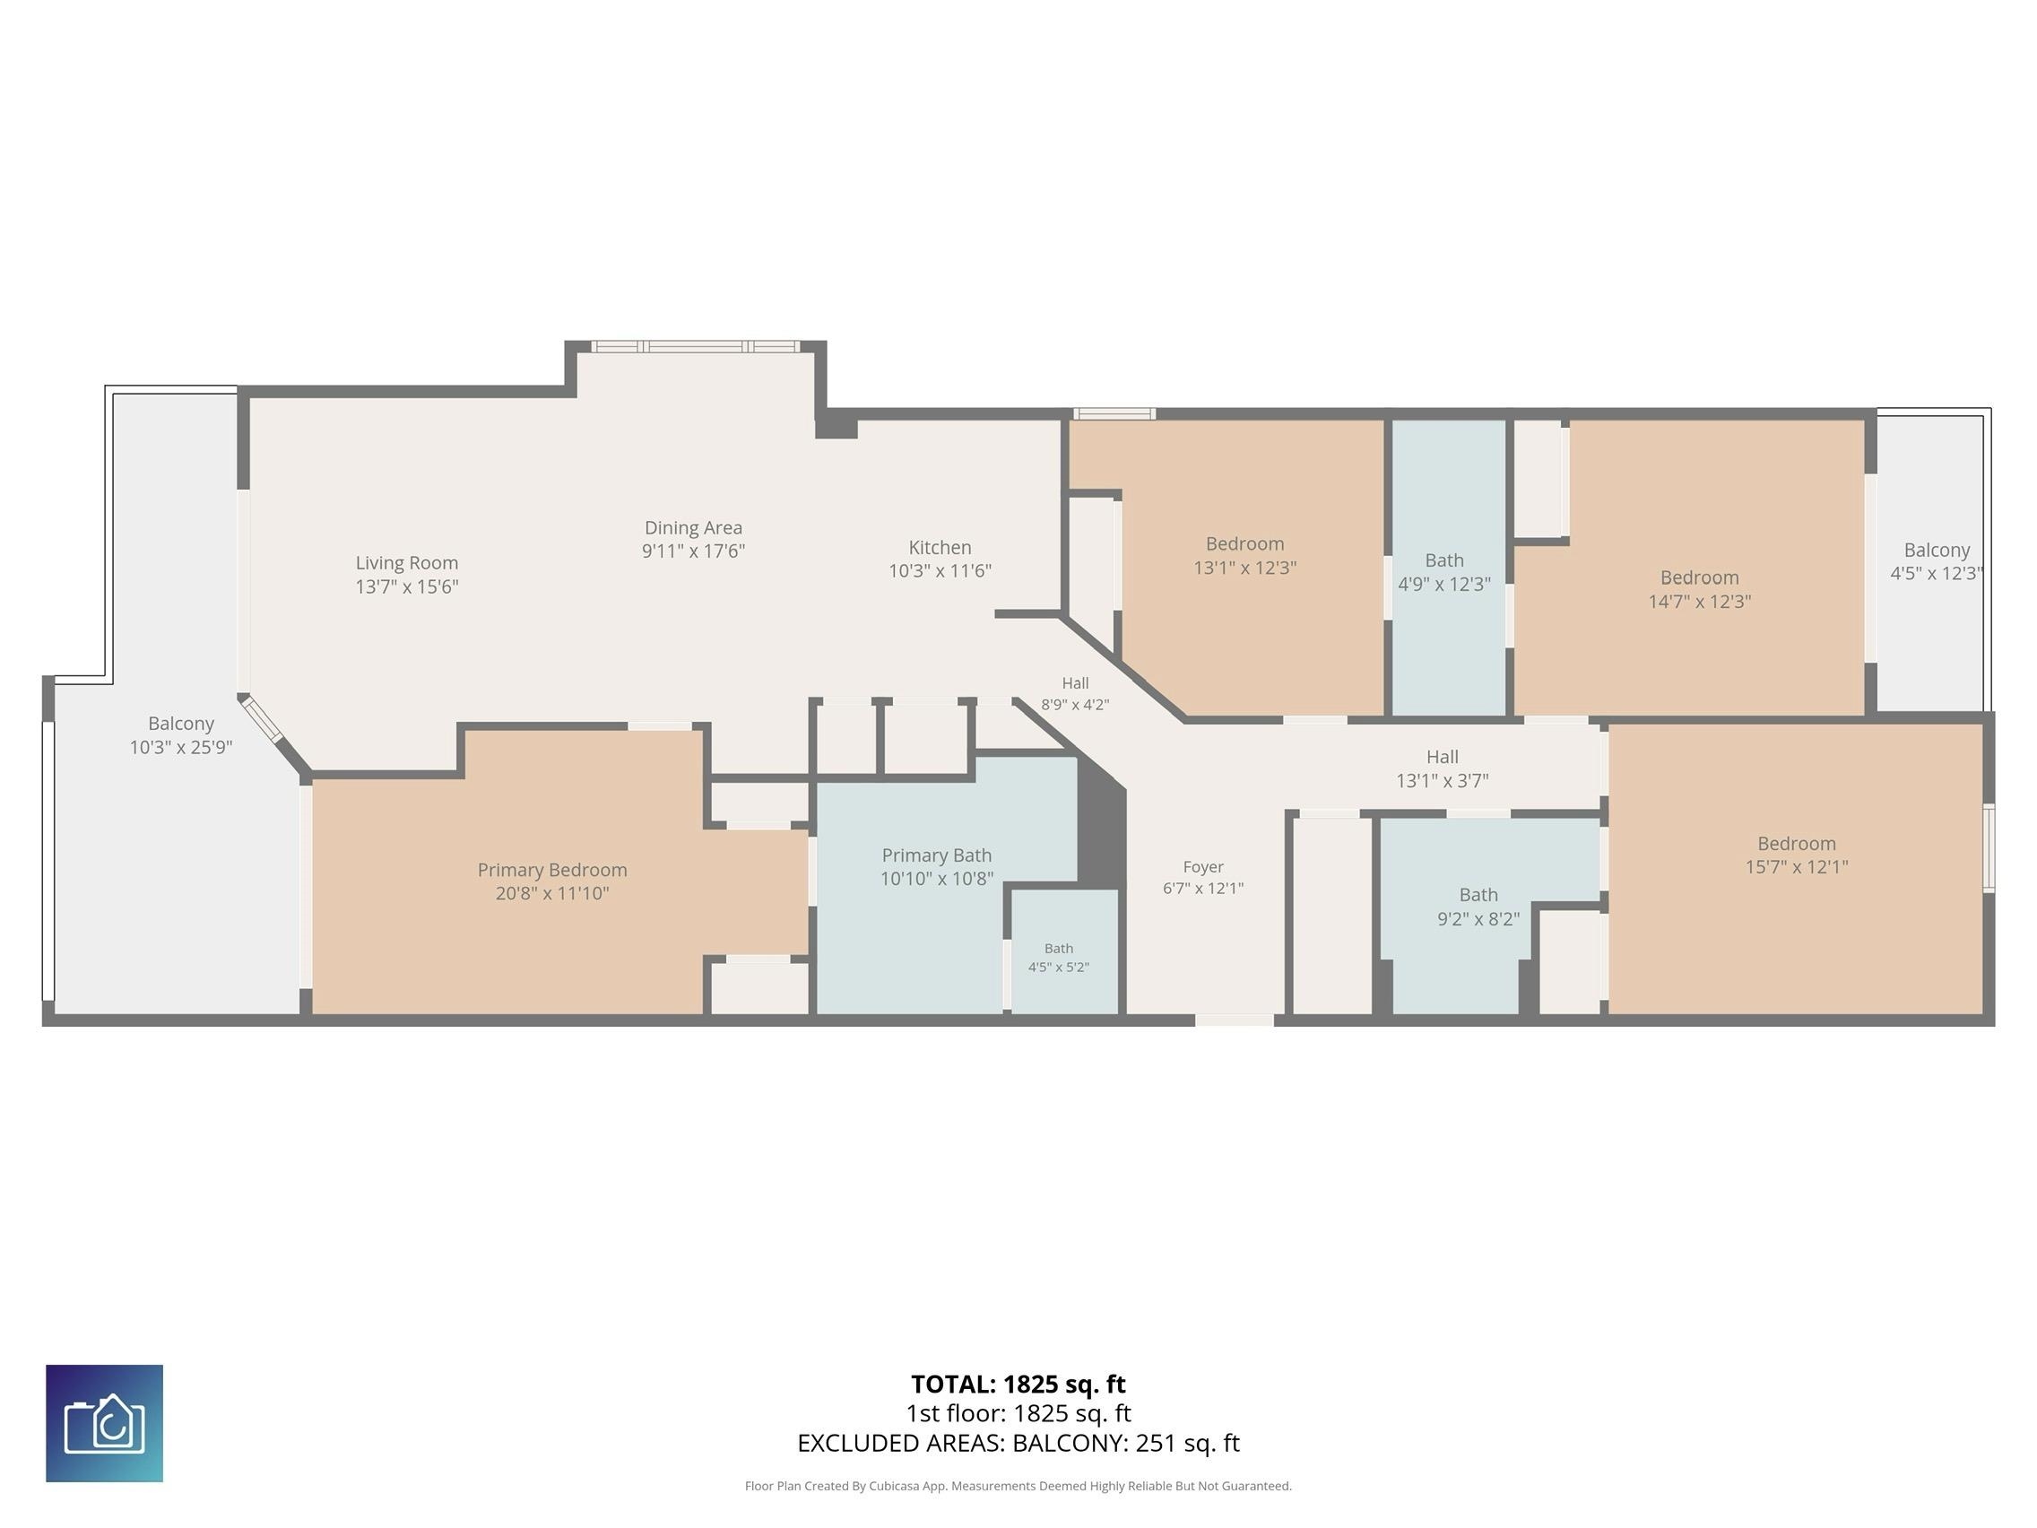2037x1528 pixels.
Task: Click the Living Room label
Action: (406, 563)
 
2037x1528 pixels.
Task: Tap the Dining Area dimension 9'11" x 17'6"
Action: (693, 551)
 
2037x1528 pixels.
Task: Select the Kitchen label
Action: (940, 547)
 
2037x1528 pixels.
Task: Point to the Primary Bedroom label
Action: (551, 870)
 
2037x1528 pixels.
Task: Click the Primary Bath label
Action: (937, 855)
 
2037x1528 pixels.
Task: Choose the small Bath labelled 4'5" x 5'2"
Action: (1059, 958)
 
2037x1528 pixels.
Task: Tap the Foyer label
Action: (1202, 867)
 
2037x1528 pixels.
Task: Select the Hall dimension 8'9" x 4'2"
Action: (1075, 706)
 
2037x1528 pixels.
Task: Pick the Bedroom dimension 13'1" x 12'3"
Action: (1245, 569)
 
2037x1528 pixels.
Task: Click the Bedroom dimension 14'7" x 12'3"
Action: (1699, 602)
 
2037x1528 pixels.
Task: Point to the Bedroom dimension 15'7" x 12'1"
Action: (1796, 867)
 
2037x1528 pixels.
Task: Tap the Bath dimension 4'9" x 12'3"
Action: (1444, 584)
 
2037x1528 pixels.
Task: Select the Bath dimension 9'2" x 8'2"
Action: (1478, 918)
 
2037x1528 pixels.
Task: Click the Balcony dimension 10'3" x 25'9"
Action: (180, 747)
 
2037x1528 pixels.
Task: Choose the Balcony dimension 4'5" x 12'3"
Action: (1937, 573)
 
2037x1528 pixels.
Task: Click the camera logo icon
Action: (104, 1423)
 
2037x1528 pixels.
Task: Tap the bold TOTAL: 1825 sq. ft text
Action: (1018, 1385)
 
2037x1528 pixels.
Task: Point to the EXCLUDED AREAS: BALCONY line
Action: (1018, 1444)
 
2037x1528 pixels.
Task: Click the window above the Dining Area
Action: (695, 346)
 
